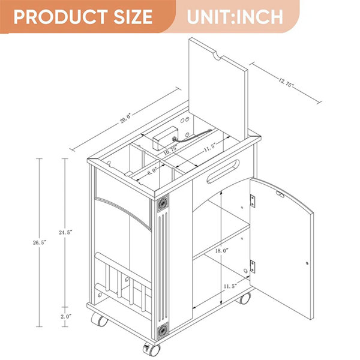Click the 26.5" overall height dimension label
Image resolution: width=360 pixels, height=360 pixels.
tap(40, 242)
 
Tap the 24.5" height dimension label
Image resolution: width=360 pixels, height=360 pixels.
tap(65, 232)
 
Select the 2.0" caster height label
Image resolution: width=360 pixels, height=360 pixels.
tap(66, 316)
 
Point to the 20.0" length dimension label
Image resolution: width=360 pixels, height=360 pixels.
tap(125, 118)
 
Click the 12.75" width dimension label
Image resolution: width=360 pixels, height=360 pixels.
tap(286, 82)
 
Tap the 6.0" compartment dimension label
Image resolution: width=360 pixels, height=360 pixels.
tap(152, 171)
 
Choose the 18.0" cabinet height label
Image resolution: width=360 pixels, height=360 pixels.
tap(222, 250)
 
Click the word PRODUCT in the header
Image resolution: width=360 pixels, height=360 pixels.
tap(61, 17)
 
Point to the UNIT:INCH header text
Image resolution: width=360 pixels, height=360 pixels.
tap(235, 17)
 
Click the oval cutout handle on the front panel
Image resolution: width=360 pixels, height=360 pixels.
tap(223, 171)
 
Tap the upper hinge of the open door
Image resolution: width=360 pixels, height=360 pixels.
tap(253, 202)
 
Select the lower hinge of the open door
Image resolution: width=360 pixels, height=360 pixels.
tap(253, 266)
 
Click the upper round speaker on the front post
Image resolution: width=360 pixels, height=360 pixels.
tap(163, 203)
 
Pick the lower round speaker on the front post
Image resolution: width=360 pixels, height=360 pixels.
tap(163, 331)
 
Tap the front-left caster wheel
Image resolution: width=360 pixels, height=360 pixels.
tap(100, 319)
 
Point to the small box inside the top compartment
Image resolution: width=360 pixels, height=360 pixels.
tap(166, 139)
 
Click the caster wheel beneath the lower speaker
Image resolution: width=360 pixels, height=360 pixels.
tap(152, 350)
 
